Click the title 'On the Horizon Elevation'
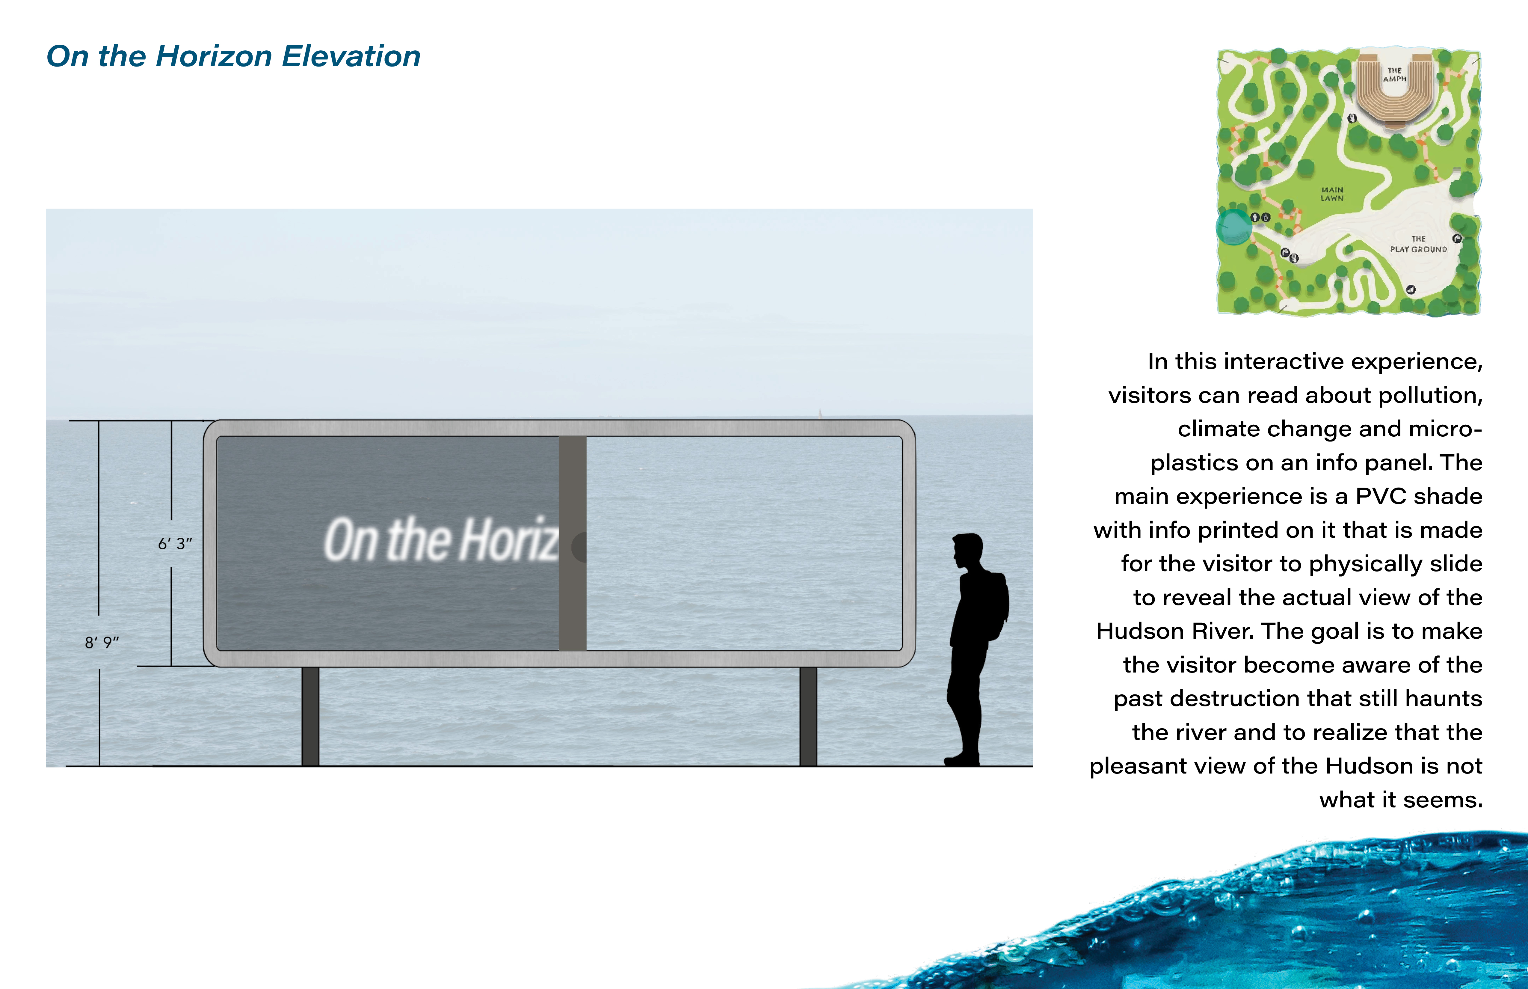coord(234,57)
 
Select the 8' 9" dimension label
coord(102,642)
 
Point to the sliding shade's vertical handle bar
coord(572,543)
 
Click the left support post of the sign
coord(310,716)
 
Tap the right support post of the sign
coord(808,716)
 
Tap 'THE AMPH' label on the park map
coord(1394,75)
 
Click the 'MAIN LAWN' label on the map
coord(1332,194)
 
